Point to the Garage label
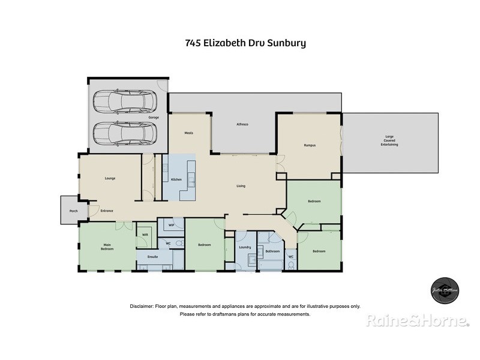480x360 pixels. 154,118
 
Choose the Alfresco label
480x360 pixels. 241,124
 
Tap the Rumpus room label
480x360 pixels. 310,145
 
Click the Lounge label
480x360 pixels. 110,178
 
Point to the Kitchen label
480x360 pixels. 176,179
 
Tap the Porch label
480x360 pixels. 74,211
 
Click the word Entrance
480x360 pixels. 107,211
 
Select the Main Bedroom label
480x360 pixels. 107,246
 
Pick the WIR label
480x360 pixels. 145,235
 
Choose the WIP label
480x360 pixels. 171,226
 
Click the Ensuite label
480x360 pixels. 152,256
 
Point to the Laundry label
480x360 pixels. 244,247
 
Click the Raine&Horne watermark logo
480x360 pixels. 418,321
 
